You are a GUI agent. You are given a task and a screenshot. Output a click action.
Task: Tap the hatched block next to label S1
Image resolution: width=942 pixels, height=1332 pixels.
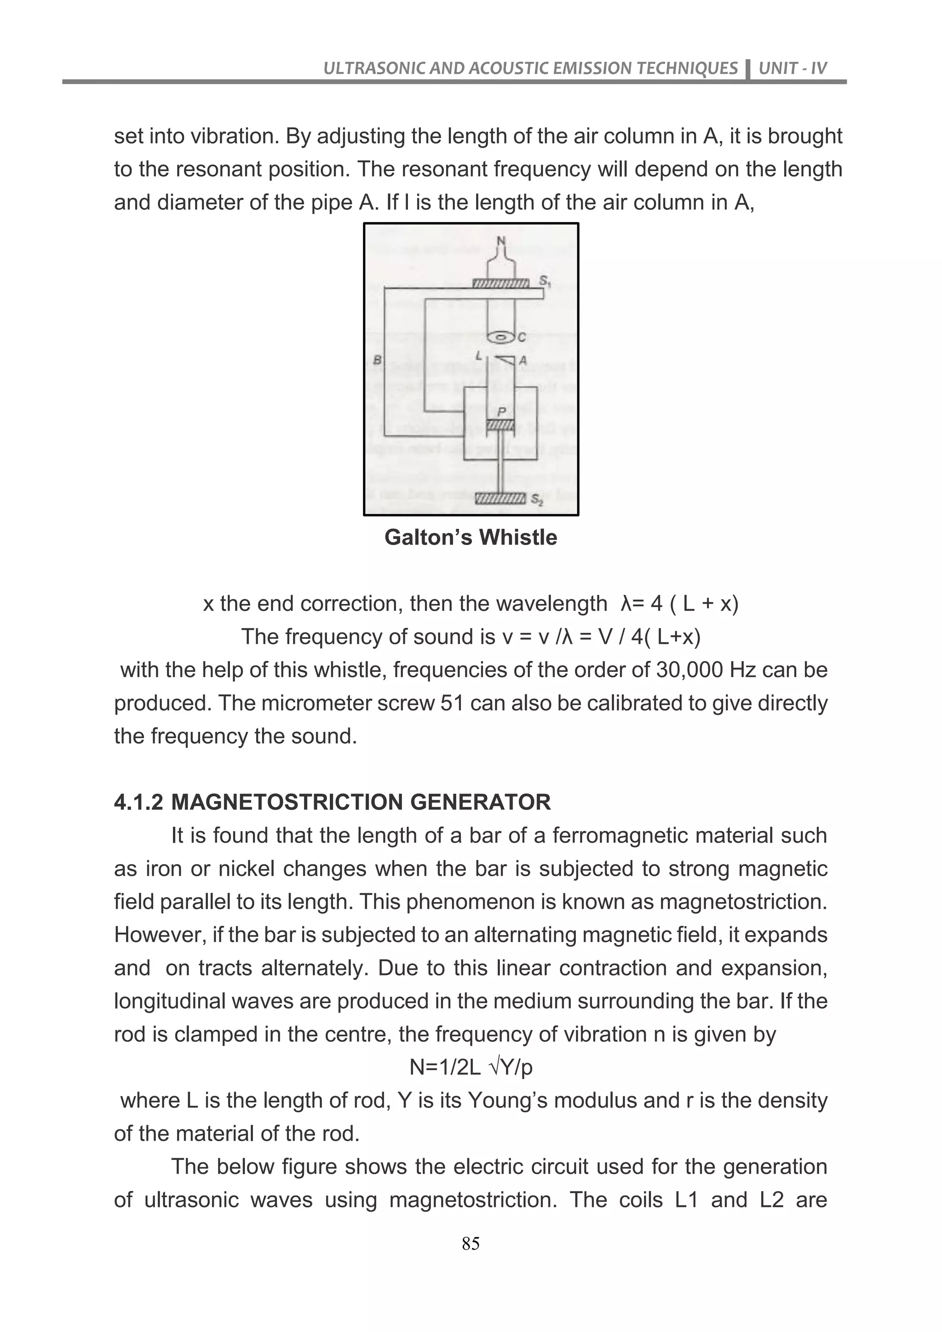[x=500, y=283]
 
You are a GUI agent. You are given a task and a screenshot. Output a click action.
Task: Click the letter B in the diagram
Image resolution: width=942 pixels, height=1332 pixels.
[x=378, y=360]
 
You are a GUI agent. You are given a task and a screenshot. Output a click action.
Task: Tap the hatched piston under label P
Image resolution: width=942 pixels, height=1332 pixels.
[x=500, y=426]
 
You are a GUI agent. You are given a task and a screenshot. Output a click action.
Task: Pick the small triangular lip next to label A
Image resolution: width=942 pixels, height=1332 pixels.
[x=507, y=360]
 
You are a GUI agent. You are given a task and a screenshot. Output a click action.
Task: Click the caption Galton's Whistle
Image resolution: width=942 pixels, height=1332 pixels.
[x=471, y=537]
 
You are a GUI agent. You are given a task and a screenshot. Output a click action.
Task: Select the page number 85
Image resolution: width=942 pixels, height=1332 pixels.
[x=471, y=1243]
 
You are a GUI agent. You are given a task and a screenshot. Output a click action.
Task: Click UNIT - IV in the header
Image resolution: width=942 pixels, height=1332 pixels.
[x=793, y=69]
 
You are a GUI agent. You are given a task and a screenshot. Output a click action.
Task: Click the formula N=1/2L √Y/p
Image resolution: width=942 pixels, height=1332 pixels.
[x=471, y=1068]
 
